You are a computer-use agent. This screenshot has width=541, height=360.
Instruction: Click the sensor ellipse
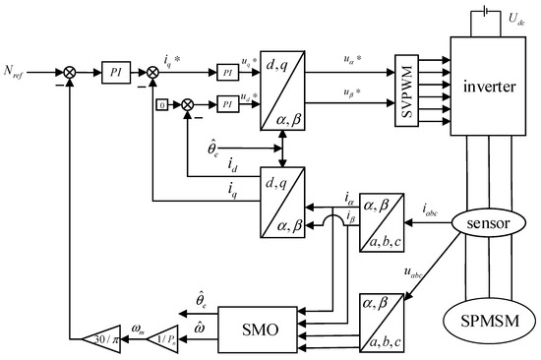[485, 224]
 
